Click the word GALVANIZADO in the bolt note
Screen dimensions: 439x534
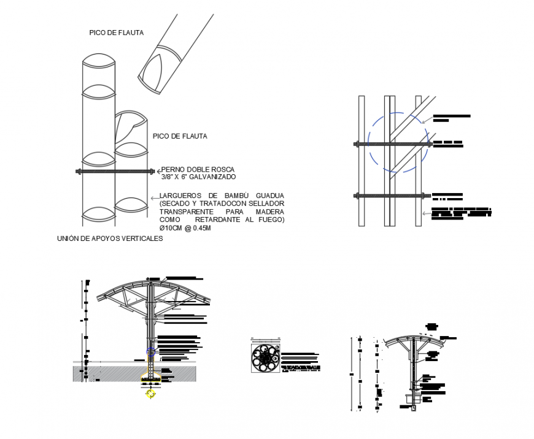pos(214,177)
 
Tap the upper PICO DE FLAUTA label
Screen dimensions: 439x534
pos(115,33)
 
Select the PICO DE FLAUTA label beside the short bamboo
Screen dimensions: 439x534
pos(180,136)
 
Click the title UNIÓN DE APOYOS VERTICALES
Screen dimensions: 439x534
pos(109,240)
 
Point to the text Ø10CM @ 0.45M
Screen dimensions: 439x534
pos(185,228)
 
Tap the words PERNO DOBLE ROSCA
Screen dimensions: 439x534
pos(198,169)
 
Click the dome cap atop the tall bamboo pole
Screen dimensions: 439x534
pos(98,62)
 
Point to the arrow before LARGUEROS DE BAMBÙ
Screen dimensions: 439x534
pos(153,197)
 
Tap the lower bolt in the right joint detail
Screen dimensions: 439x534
pos(389,196)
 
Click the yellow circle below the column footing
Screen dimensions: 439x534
pos(150,394)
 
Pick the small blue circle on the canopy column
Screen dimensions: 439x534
pos(150,351)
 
